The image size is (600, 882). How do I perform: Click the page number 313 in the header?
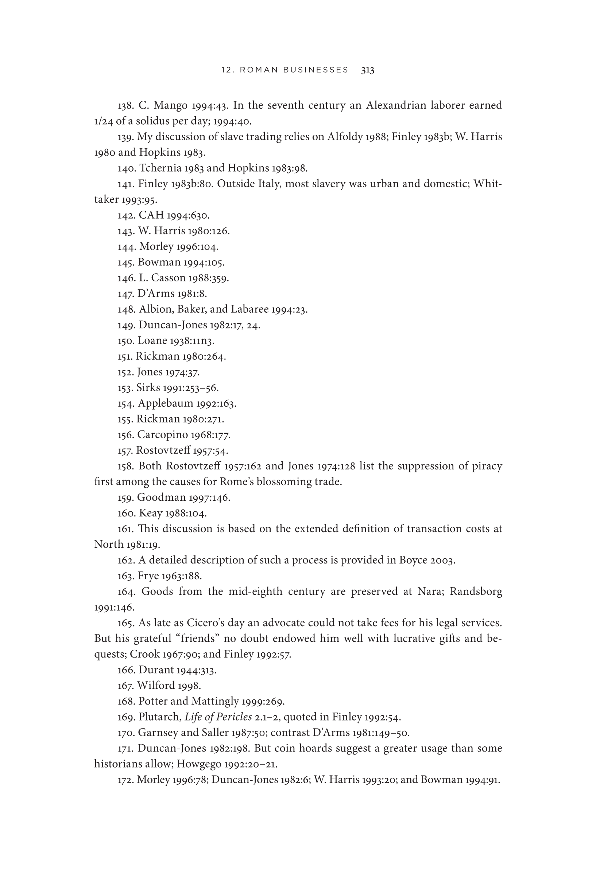tap(368, 70)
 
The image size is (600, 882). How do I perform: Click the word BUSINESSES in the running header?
tap(318, 70)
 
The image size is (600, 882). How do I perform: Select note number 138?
tap(125, 105)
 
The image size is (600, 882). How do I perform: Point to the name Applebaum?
tap(165, 403)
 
